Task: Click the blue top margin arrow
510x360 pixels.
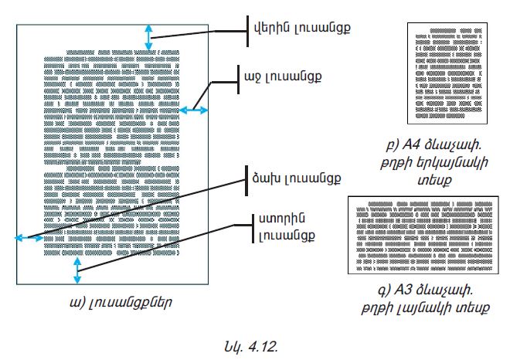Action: tap(148, 36)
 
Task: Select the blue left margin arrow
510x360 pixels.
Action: tap(30, 239)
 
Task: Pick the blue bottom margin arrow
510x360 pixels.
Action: tap(76, 270)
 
